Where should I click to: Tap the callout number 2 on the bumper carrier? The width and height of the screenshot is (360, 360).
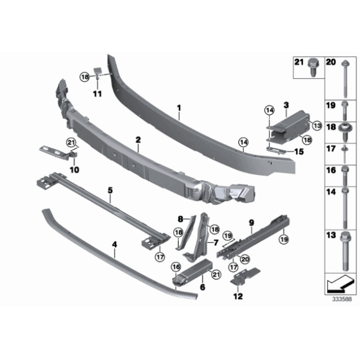point(138,142)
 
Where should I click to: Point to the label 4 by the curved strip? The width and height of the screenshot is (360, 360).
point(114,245)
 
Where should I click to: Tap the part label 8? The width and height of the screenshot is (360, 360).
point(181,218)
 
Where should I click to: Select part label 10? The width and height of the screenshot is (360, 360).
point(75,169)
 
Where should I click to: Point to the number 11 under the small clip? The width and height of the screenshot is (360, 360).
point(97,93)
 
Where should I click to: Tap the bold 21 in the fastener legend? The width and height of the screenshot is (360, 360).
point(299,63)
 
